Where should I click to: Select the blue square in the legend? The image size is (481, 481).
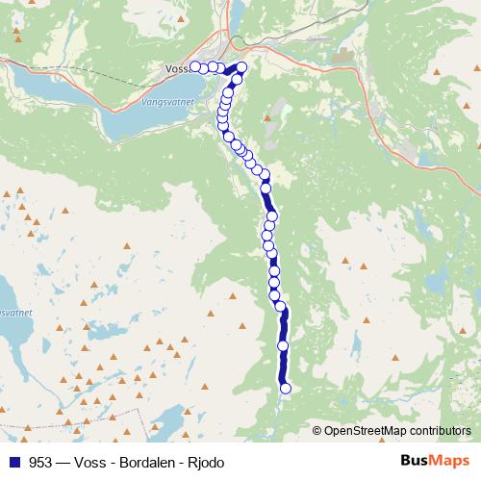13,462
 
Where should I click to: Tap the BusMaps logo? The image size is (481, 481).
435,461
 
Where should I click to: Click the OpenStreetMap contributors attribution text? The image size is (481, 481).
397,431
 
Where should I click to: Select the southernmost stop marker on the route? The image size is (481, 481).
285,389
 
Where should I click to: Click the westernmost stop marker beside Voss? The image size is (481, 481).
195,66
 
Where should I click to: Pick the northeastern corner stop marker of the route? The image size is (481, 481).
241,66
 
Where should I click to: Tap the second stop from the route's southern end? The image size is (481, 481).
283,345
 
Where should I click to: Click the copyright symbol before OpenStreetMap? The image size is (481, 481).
317,431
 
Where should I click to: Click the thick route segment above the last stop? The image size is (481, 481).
284,367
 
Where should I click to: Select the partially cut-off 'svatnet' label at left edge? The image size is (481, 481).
14,314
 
